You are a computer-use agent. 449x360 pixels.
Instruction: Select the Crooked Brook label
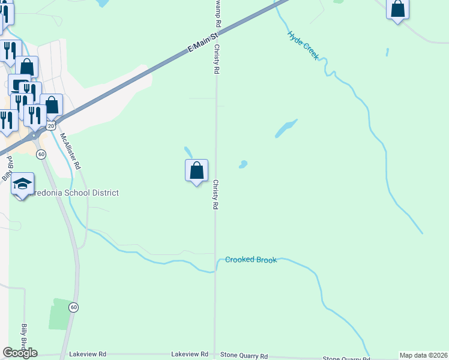(251, 260)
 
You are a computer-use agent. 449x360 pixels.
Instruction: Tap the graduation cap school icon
(22, 184)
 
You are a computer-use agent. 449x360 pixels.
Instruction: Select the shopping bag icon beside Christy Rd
(196, 171)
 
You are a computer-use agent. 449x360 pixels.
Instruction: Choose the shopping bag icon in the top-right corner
(397, 9)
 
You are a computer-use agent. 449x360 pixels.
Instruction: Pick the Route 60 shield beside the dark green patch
(73, 307)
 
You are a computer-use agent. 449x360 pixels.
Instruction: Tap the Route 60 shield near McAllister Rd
(41, 154)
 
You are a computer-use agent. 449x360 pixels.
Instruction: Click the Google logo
(20, 353)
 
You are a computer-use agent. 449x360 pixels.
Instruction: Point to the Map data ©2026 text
(423, 355)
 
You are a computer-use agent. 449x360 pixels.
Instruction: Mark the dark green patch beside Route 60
(59, 313)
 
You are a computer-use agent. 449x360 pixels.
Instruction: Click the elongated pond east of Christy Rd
(286, 128)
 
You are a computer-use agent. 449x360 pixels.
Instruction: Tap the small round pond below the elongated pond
(243, 164)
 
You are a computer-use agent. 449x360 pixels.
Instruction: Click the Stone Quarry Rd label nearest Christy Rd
(244, 356)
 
